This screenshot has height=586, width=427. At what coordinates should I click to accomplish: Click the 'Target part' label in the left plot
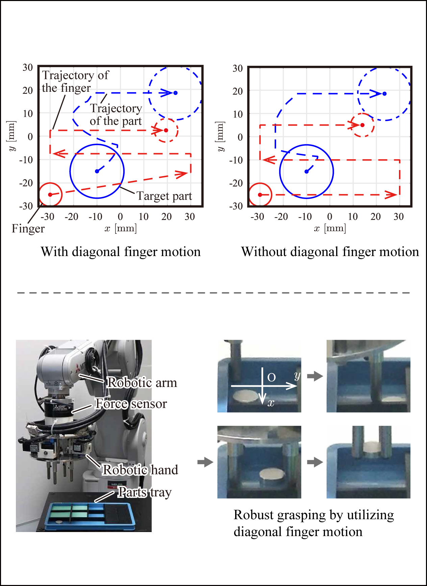coord(164,196)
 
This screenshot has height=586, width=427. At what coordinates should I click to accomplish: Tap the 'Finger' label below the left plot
coord(28,229)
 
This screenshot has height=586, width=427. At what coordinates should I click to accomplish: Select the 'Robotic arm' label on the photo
coord(142,383)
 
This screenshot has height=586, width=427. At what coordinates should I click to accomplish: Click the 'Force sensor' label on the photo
coord(131,403)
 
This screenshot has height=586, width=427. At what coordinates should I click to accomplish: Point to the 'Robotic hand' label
coord(140,470)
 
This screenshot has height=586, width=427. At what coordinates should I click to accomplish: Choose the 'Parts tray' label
coord(144,492)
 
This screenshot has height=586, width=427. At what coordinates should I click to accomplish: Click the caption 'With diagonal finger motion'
coord(121,252)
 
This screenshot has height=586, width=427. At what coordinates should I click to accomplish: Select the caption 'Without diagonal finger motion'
coord(330,252)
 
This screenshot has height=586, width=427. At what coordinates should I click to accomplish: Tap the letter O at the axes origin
coord(271,378)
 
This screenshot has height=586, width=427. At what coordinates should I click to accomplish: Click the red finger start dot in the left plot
coord(50,195)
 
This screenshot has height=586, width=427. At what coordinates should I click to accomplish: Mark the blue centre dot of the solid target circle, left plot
coord(97,171)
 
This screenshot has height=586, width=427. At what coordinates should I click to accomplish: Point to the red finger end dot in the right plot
coord(362,125)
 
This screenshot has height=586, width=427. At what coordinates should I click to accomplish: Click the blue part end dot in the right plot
coord(384,94)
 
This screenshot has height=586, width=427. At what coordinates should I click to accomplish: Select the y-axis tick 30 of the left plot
coord(28,67)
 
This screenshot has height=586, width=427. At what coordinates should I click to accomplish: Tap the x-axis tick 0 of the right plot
coord(330,217)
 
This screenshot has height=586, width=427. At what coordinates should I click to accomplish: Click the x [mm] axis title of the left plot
coord(121,228)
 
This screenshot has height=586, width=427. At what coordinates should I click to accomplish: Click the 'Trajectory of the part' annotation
coord(116,115)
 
